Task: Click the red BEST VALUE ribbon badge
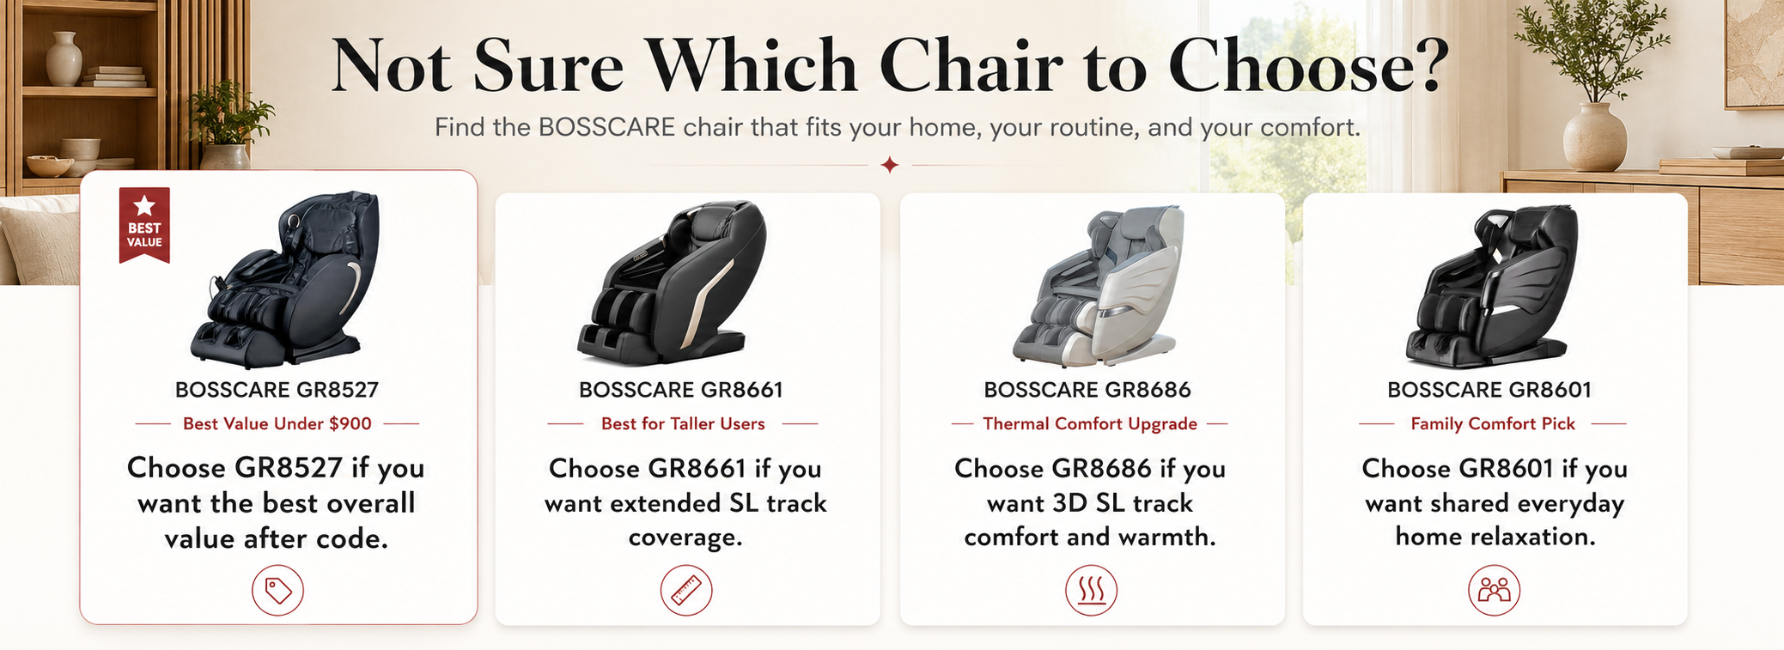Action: (x=144, y=225)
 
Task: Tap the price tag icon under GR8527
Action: (x=277, y=591)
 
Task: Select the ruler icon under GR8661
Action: (x=686, y=591)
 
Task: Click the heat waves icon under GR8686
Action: (x=1091, y=591)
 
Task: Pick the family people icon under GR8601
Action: (x=1495, y=591)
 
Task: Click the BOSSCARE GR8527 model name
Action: (x=277, y=390)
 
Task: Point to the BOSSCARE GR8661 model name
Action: (x=681, y=390)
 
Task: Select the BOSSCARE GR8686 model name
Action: (x=1087, y=390)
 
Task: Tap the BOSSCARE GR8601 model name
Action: (x=1489, y=390)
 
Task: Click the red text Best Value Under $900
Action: (x=277, y=423)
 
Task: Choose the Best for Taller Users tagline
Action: (x=683, y=423)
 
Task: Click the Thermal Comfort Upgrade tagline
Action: (x=1090, y=423)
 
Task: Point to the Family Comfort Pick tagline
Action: (x=1493, y=423)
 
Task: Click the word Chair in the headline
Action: (x=971, y=65)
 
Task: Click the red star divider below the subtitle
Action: (x=890, y=164)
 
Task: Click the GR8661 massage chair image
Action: (x=673, y=282)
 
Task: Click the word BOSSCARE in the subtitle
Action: (x=606, y=127)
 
